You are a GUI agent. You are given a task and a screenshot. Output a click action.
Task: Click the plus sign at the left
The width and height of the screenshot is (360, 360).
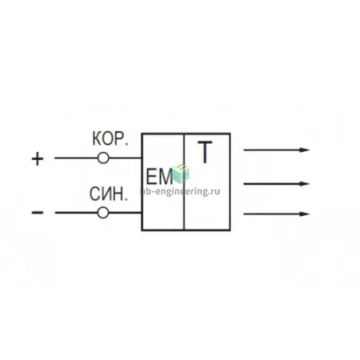pyautogui.click(x=38, y=159)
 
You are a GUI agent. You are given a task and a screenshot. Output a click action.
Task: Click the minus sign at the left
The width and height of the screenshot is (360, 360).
pyautogui.click(x=38, y=213)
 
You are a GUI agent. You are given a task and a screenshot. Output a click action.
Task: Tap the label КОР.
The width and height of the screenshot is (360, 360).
pyautogui.click(x=110, y=139)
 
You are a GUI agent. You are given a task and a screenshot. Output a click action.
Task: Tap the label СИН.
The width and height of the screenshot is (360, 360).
pyautogui.click(x=109, y=194)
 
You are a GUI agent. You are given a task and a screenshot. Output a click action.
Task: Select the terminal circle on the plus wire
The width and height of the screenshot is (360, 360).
pyautogui.click(x=103, y=158)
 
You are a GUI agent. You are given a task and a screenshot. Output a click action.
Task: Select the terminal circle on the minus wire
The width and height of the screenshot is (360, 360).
pyautogui.click(x=103, y=213)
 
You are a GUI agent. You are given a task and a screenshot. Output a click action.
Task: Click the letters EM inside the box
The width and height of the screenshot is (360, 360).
pyautogui.click(x=159, y=178)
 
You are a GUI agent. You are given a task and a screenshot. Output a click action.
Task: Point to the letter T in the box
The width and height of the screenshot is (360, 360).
pyautogui.click(x=205, y=152)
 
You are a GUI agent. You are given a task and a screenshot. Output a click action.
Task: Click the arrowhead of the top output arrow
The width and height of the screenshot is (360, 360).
pyautogui.click(x=305, y=150)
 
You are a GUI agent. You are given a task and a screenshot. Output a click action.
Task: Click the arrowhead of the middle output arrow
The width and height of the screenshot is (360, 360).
pyautogui.click(x=305, y=184)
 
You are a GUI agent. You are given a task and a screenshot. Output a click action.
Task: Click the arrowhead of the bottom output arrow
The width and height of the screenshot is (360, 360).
pyautogui.click(x=305, y=214)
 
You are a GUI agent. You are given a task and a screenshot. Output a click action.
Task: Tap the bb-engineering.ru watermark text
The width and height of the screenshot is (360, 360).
pyautogui.click(x=180, y=191)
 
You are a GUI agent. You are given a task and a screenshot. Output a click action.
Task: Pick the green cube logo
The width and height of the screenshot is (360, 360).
pyautogui.click(x=181, y=174)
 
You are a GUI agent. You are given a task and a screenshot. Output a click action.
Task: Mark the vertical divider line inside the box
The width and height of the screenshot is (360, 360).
pyautogui.click(x=184, y=182)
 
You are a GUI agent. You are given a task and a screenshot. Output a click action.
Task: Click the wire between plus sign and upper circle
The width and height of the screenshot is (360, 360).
pyautogui.click(x=76, y=158)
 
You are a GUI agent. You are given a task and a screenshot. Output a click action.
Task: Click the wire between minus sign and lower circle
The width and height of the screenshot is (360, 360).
pyautogui.click(x=76, y=213)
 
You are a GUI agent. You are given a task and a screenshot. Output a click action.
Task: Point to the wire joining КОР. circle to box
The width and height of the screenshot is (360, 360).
pyautogui.click(x=126, y=158)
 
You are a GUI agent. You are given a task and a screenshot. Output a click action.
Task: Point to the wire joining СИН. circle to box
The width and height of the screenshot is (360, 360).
pyautogui.click(x=126, y=213)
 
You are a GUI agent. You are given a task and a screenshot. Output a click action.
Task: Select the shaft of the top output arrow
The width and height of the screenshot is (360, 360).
pyautogui.click(x=271, y=150)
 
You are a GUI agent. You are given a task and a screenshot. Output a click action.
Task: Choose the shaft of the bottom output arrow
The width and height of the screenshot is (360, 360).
pyautogui.click(x=271, y=214)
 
